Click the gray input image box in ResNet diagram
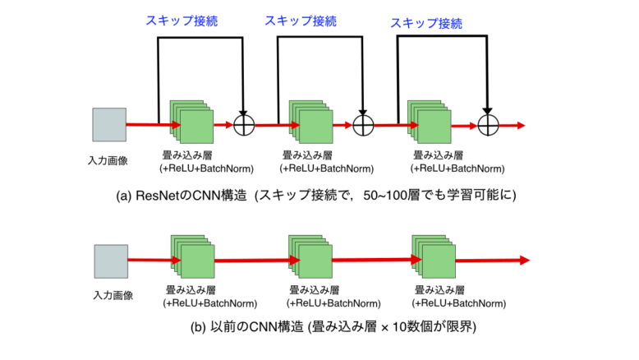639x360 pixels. [108, 125]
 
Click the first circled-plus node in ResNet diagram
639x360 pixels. [245, 125]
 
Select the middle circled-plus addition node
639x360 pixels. [363, 125]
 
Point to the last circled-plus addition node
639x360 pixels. [488, 125]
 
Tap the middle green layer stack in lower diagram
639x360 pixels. [310, 258]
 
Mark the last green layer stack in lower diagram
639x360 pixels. [431, 258]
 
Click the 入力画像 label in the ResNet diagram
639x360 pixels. [109, 159]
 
